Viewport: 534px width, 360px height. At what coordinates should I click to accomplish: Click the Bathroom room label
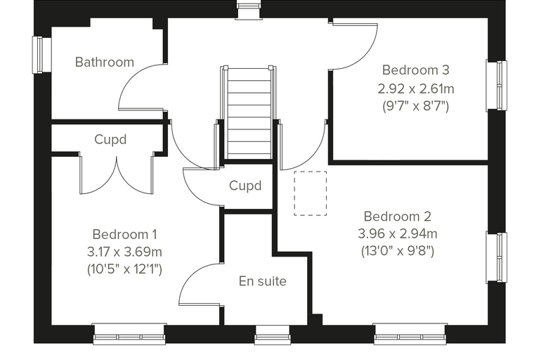[105, 63]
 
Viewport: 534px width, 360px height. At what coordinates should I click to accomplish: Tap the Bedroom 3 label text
[416, 70]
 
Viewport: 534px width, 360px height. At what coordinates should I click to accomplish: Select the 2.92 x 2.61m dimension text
[416, 89]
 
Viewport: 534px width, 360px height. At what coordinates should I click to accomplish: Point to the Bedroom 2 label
[398, 217]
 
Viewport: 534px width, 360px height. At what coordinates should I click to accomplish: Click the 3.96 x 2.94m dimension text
[398, 234]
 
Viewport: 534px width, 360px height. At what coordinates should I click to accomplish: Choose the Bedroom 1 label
[124, 235]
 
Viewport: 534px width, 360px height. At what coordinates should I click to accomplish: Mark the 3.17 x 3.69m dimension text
[124, 252]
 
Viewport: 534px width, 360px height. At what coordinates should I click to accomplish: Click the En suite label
[263, 281]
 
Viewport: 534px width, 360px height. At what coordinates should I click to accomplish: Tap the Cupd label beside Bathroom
[110, 140]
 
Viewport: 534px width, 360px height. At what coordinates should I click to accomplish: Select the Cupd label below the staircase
[245, 186]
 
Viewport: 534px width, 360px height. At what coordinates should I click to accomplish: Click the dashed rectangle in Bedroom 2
[311, 193]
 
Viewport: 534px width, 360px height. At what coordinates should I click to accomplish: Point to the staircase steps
[249, 113]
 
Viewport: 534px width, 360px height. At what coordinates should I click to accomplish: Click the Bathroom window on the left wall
[42, 55]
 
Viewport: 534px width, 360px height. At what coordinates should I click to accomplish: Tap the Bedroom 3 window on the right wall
[496, 86]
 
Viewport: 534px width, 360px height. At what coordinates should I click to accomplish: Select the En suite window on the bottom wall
[273, 335]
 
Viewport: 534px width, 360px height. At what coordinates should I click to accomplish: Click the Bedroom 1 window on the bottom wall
[129, 334]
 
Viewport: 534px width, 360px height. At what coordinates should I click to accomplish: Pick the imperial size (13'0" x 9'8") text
[398, 251]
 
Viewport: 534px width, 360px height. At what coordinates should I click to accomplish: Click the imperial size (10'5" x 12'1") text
[124, 269]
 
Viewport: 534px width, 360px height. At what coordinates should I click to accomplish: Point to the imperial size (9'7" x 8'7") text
[416, 106]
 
